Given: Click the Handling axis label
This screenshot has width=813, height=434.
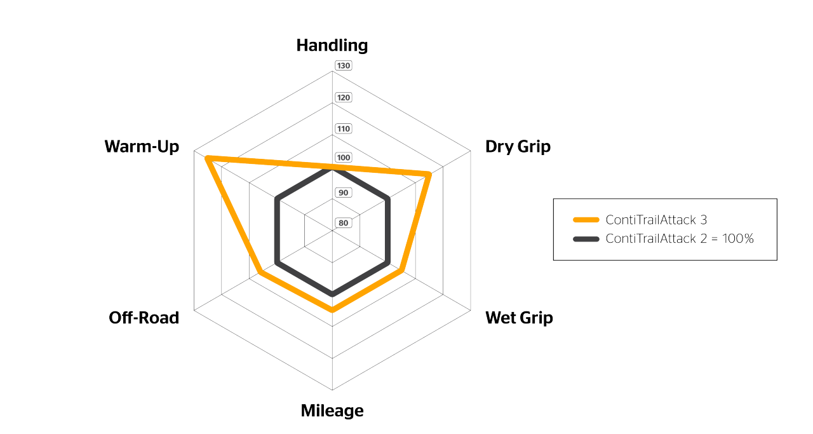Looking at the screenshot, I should [332, 46].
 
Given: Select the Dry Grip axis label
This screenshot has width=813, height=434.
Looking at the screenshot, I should [518, 147].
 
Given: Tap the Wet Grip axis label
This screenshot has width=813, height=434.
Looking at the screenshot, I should [519, 318].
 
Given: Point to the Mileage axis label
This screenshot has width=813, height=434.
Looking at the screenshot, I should [332, 410].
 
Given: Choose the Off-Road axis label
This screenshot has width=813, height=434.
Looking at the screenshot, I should [144, 318].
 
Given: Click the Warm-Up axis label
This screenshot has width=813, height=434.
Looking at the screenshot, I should [142, 147].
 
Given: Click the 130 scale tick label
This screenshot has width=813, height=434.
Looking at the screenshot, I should [344, 65].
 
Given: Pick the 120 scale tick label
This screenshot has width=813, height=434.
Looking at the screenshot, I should [344, 98].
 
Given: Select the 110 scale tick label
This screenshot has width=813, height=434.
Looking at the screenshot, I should [344, 129].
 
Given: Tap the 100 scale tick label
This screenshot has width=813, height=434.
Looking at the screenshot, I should [344, 158].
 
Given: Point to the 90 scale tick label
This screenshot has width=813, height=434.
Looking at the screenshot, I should [344, 193].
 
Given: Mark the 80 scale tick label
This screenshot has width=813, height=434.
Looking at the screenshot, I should [344, 222].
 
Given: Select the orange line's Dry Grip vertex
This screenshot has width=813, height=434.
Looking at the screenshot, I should [429, 174].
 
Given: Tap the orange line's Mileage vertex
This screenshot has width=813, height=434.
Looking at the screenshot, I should [332, 310].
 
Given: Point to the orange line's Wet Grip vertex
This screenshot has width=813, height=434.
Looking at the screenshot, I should [402, 271].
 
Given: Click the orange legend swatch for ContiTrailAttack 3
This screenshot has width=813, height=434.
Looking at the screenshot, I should [586, 220].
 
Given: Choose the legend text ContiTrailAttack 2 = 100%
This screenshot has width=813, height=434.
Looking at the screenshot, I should [680, 239].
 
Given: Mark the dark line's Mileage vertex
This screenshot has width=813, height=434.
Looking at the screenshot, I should [332, 294].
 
